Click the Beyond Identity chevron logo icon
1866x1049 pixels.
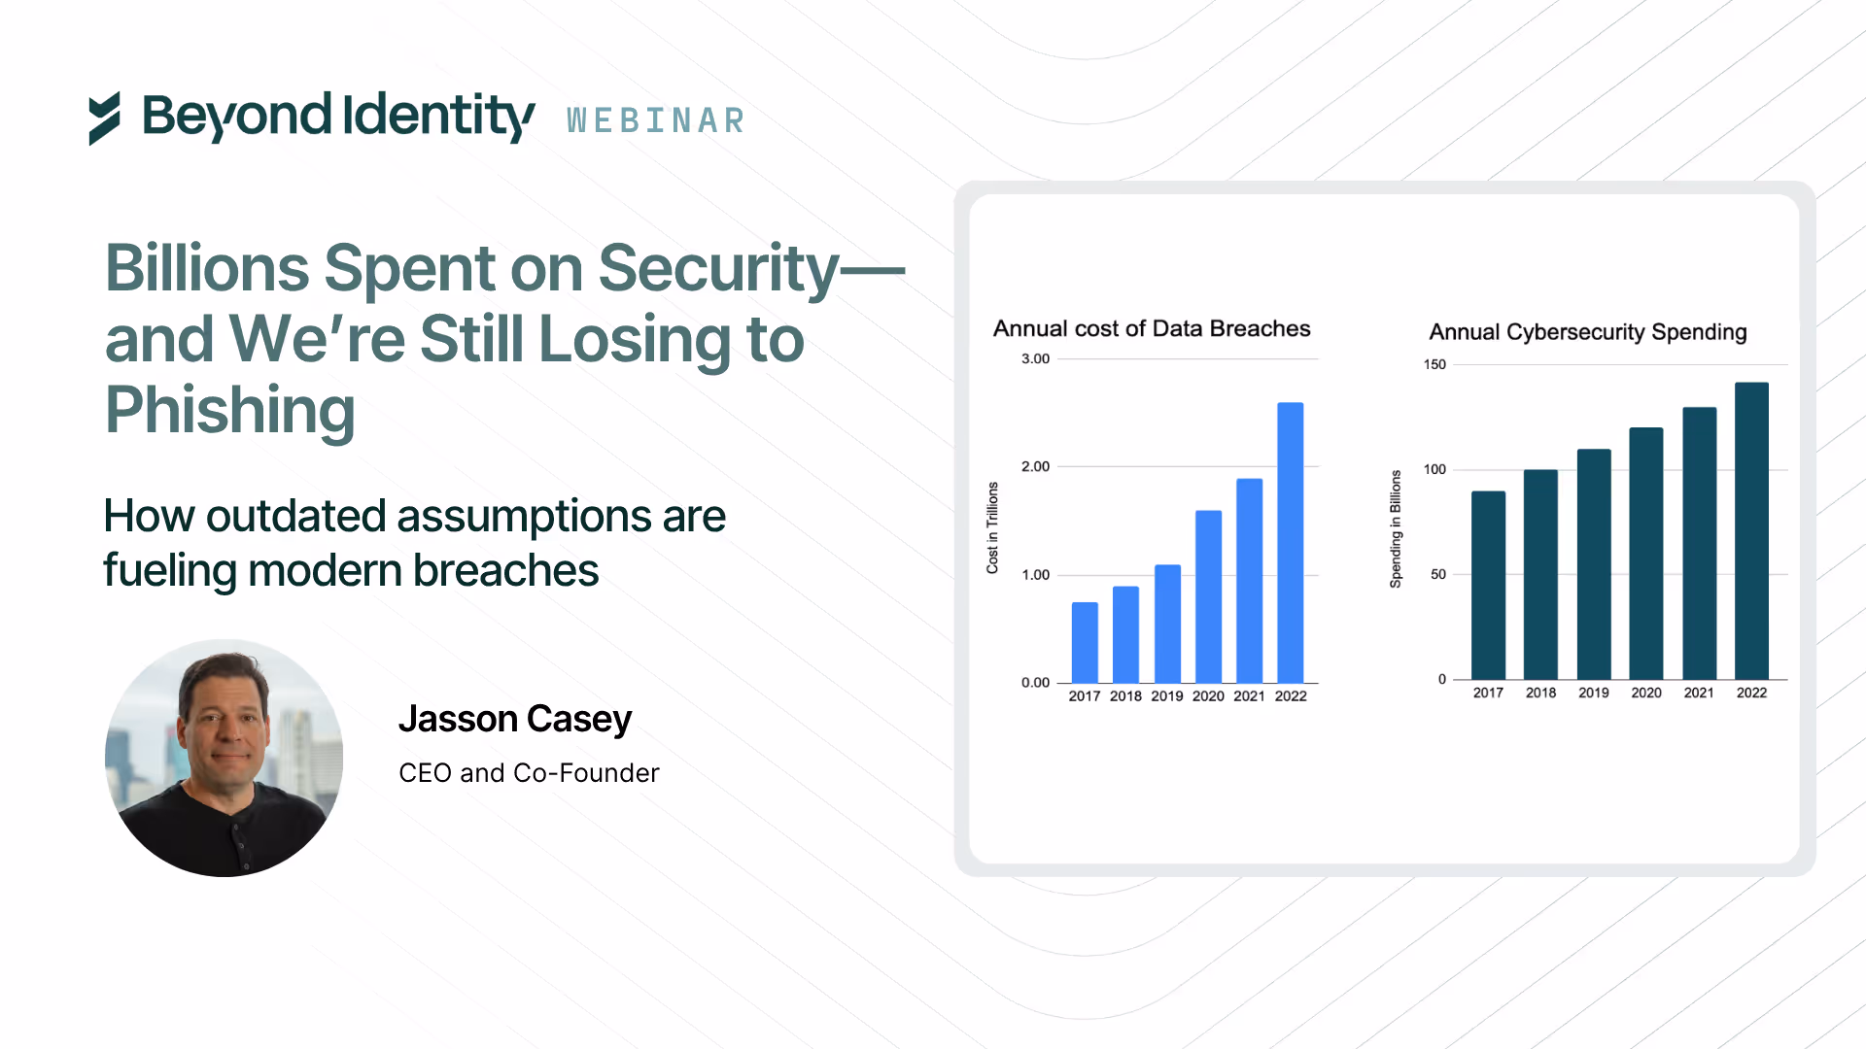(105, 118)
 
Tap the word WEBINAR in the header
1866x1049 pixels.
(656, 121)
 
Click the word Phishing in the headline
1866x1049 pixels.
(230, 410)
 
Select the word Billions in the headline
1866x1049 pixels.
(205, 268)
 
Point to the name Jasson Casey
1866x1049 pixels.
(515, 719)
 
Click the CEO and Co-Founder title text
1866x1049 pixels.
(529, 773)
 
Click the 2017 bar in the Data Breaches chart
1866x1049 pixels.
(1085, 642)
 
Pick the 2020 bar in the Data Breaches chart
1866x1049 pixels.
(1208, 596)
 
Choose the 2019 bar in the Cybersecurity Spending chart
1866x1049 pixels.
(1594, 564)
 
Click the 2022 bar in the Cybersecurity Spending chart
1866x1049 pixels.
(1751, 530)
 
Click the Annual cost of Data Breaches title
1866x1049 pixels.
(1152, 329)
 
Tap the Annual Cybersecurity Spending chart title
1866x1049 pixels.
(1587, 332)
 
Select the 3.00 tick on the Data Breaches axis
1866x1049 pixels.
(1035, 359)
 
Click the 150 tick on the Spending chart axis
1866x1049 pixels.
(1434, 365)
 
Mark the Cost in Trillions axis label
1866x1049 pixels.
(992, 527)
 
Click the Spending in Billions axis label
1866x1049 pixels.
(1396, 529)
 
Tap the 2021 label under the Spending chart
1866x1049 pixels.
(1699, 694)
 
